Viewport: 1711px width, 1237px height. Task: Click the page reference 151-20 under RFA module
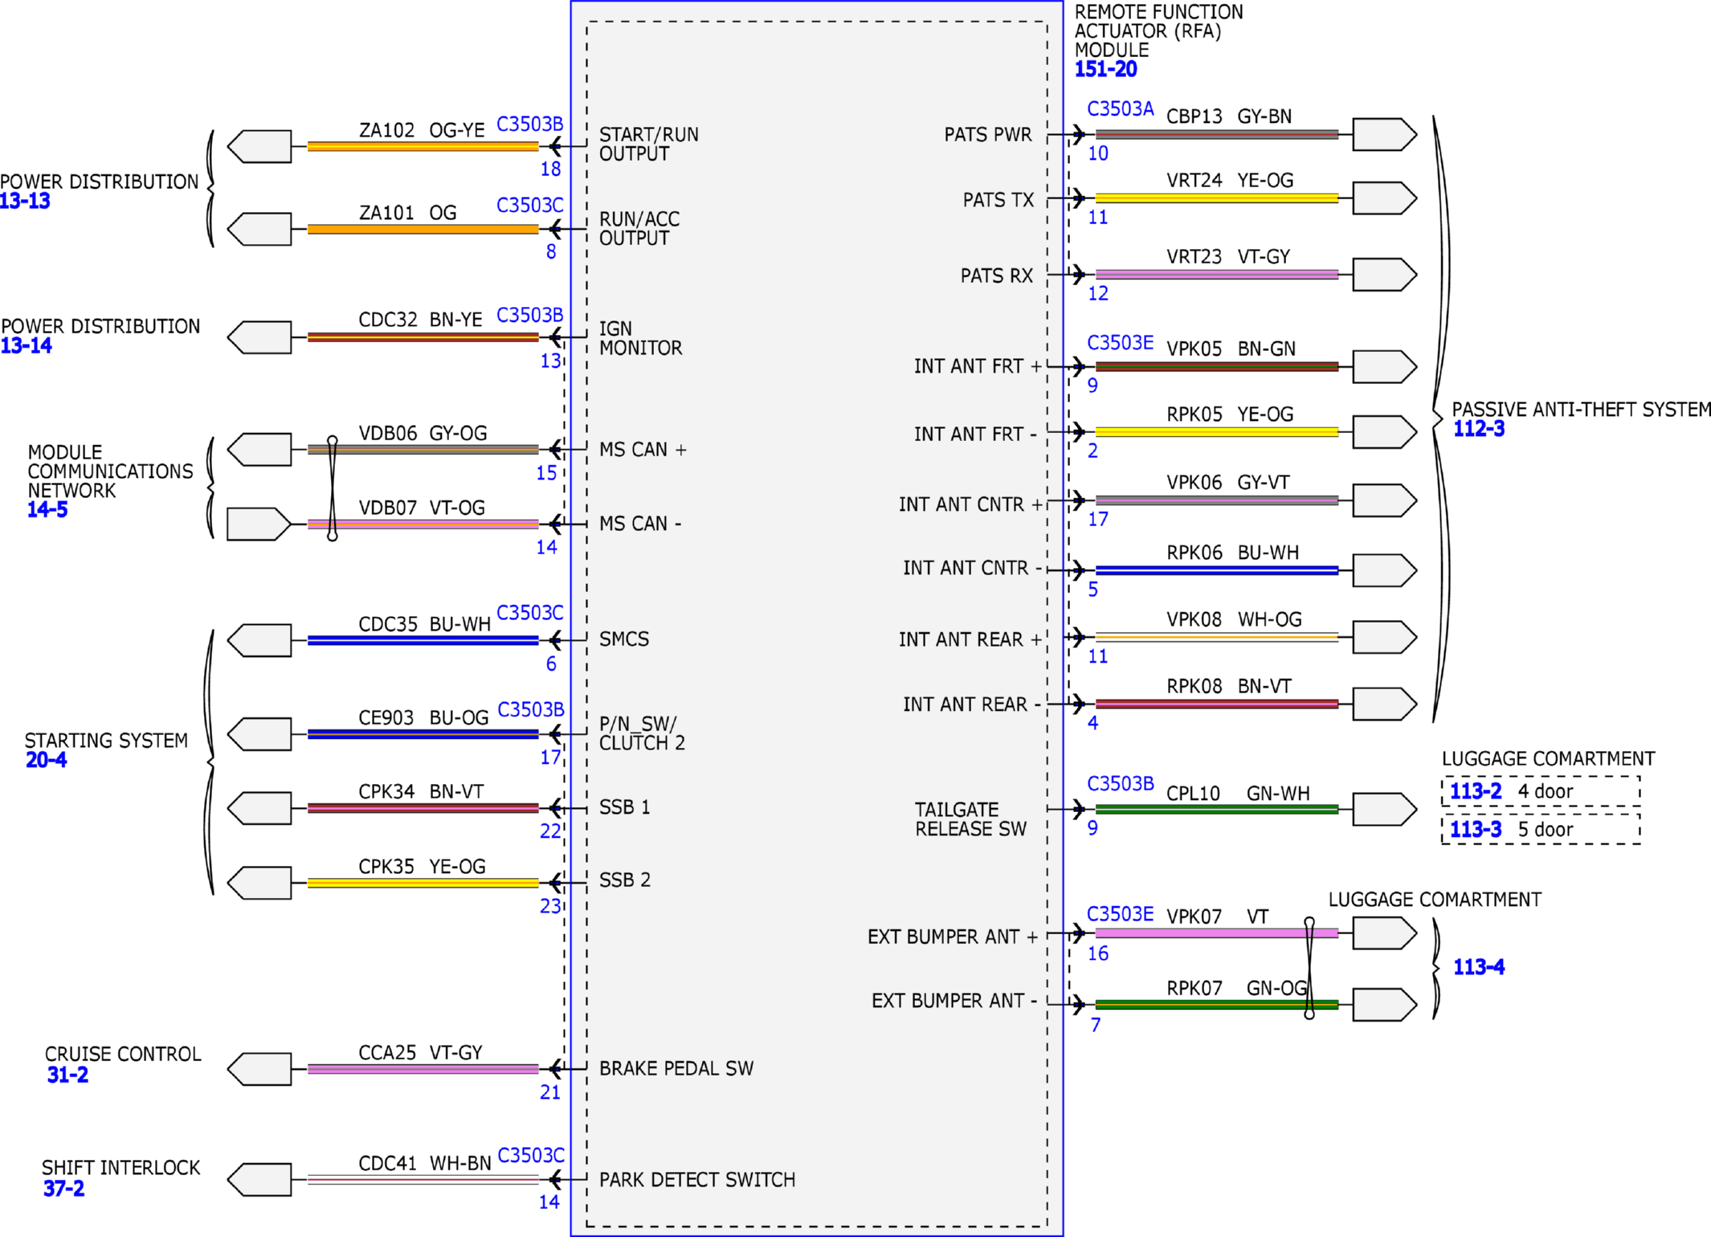coord(1105,69)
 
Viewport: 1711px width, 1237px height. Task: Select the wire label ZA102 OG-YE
coord(422,130)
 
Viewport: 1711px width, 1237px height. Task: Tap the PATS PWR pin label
coord(987,134)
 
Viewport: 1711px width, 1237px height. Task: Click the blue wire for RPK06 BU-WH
coord(1216,570)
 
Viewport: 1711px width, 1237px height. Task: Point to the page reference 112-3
coord(1478,429)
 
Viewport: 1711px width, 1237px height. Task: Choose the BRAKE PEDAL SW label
coord(676,1068)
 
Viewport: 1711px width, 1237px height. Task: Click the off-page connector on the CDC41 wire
coord(259,1179)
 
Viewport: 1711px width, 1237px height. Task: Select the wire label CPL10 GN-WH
coord(1238,794)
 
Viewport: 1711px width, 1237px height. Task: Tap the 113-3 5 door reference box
coord(1541,829)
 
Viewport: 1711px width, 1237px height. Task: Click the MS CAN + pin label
coord(643,450)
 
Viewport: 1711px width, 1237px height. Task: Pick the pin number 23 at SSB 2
coord(550,906)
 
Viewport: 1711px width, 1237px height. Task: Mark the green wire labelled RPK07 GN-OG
coord(1216,1004)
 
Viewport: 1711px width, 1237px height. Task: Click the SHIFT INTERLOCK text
coord(120,1168)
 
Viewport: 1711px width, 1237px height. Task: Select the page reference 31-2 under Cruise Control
coord(67,1075)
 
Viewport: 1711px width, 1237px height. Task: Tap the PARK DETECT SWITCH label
coord(697,1180)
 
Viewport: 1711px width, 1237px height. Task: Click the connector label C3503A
coord(1120,109)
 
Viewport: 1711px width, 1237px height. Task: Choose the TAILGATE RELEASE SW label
coord(971,819)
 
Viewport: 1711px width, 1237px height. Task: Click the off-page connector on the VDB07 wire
coord(259,524)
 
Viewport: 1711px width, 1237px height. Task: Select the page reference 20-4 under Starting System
coord(46,760)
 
